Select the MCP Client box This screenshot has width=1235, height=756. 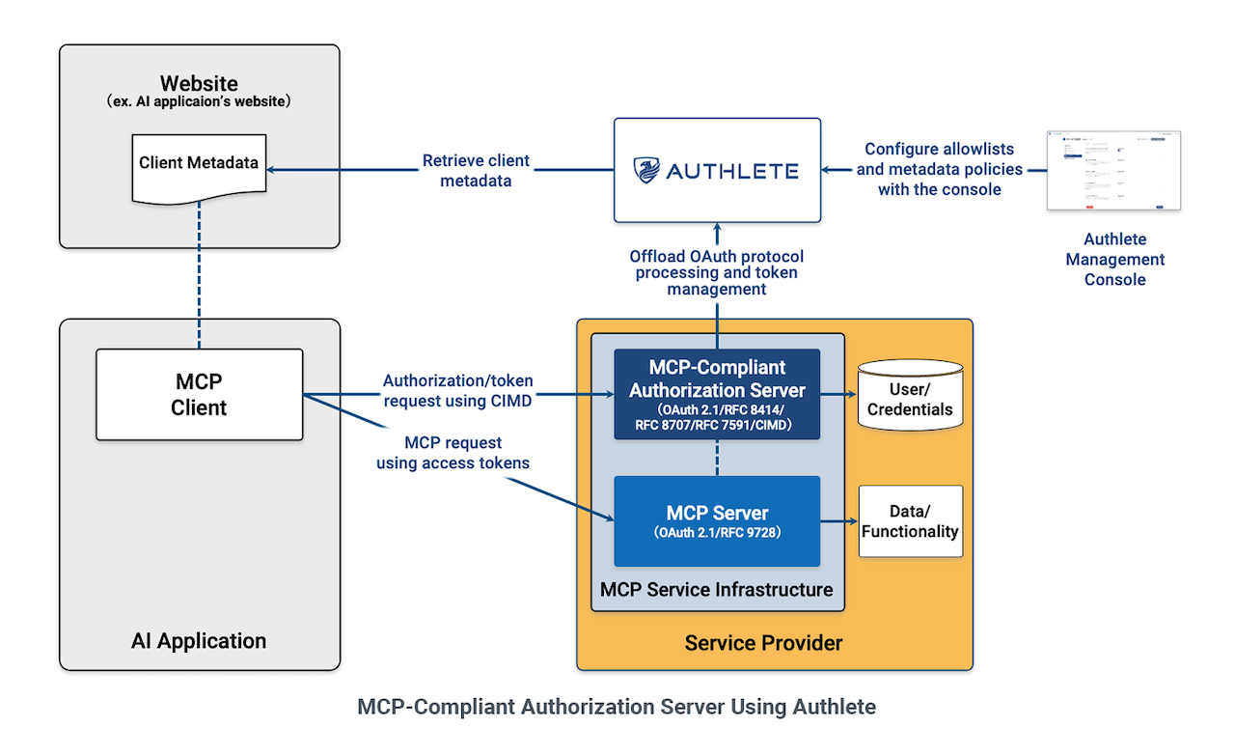199,394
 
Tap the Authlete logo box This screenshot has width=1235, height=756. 717,170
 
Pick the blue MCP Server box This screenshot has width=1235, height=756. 717,520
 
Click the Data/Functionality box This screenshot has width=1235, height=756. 910,521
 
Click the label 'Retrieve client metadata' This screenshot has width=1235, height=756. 476,170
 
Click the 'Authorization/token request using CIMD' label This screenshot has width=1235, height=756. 457,391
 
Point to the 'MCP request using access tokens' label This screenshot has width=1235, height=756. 453,453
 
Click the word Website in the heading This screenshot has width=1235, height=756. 199,83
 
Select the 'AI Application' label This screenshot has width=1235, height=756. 199,640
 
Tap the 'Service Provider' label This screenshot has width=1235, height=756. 763,642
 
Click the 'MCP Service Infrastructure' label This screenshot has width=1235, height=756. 717,589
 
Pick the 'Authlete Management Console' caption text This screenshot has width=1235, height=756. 1114,259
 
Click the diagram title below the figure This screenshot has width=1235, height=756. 617,707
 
